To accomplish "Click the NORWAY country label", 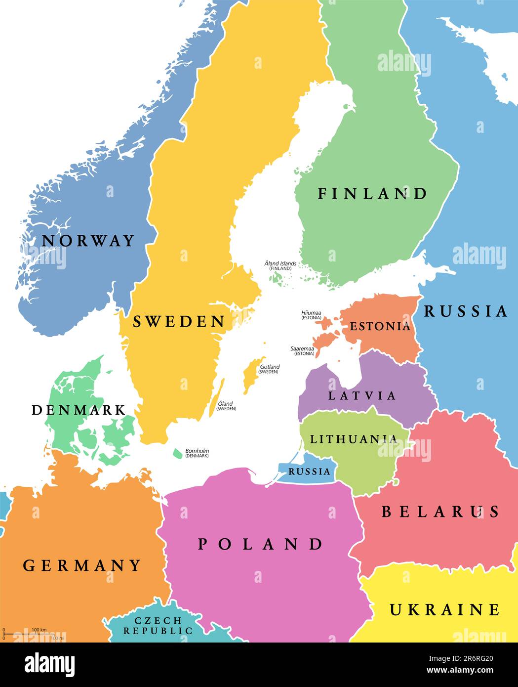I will pyautogui.click(x=88, y=241).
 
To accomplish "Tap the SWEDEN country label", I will pyautogui.click(x=179, y=322).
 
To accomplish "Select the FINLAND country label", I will pyautogui.click(x=372, y=193).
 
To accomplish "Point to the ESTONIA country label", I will pyautogui.click(x=380, y=326).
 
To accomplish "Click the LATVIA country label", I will pyautogui.click(x=362, y=395).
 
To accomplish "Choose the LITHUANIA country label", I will pyautogui.click(x=353, y=439).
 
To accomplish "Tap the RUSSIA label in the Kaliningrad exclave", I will pyautogui.click(x=309, y=471).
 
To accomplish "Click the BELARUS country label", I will pyautogui.click(x=440, y=512).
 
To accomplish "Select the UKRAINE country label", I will pyautogui.click(x=444, y=609).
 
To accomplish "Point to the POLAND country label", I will pyautogui.click(x=260, y=544).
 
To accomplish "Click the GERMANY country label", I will pyautogui.click(x=82, y=565).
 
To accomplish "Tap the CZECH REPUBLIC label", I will pyautogui.click(x=158, y=626).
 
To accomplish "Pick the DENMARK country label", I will pyautogui.click(x=79, y=410).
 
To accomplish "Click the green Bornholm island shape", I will pyautogui.click(x=177, y=453).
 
